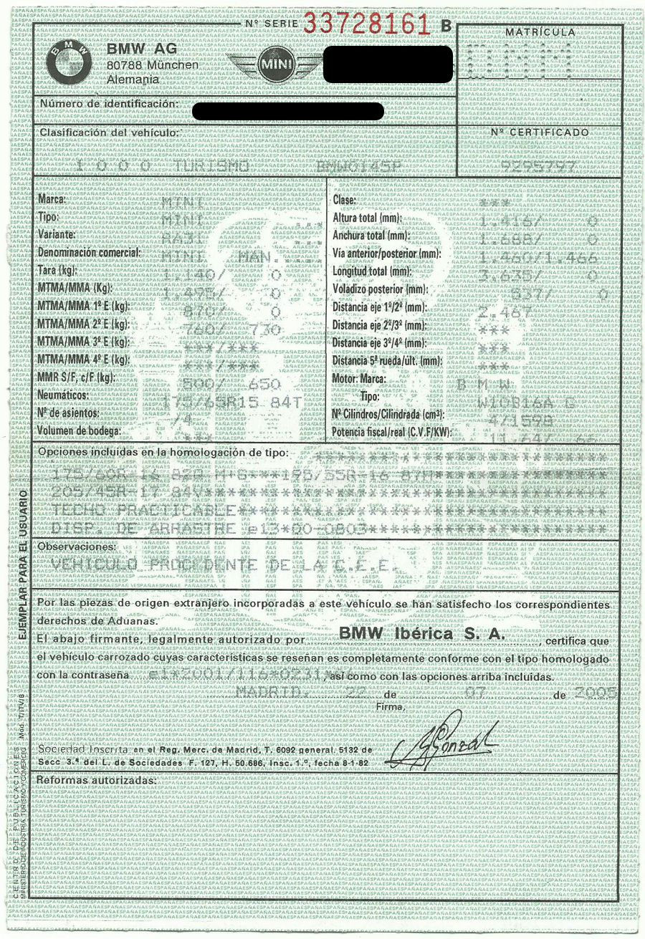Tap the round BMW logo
pos(70,63)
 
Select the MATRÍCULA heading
pos(539,32)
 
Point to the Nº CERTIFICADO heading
pos(539,133)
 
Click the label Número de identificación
pos(108,105)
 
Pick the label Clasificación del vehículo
pos(109,133)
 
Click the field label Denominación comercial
pos(89,253)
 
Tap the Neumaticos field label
pos(64,395)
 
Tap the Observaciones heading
pos(76,546)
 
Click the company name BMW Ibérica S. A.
pos(422,634)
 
